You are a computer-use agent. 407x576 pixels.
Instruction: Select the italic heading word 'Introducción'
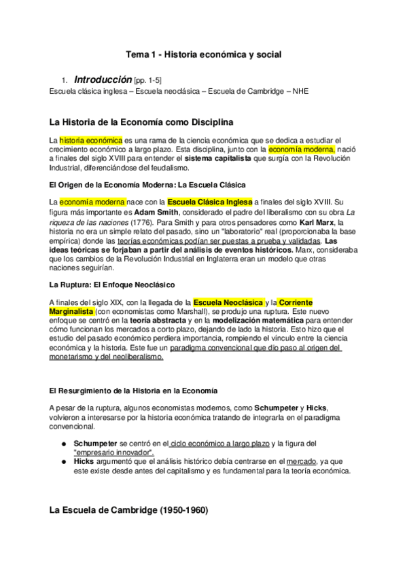pyautogui.click(x=103, y=79)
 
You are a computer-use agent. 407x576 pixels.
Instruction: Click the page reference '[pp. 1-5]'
pyautogui.click(x=147, y=80)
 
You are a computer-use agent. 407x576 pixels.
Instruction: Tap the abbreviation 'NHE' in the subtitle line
pyautogui.click(x=300, y=91)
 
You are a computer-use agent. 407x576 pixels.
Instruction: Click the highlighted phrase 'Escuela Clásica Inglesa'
pyautogui.click(x=209, y=202)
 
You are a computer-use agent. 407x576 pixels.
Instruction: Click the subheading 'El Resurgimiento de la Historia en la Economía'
pyautogui.click(x=134, y=391)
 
